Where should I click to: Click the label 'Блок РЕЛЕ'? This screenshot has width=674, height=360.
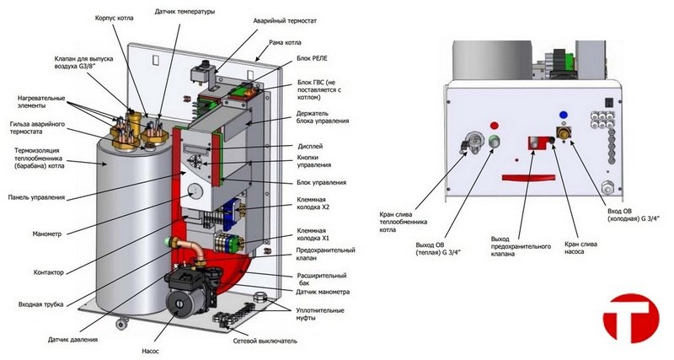click(315, 62)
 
